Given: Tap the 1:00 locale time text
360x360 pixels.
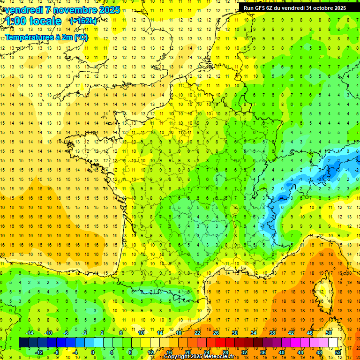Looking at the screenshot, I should [34, 21].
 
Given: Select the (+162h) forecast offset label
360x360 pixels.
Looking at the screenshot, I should [83, 21].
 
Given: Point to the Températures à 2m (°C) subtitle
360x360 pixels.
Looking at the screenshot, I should [46, 37].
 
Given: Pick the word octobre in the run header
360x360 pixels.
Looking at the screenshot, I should [318, 7].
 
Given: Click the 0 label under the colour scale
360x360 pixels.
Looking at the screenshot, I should [93, 352].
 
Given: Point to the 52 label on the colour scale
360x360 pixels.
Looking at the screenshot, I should [338, 352].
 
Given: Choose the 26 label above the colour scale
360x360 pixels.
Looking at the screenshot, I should [216, 333].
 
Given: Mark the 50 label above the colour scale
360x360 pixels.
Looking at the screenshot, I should [329, 333].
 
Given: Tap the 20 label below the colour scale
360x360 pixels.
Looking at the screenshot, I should [188, 352].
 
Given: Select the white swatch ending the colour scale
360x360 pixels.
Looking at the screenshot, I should [333, 343].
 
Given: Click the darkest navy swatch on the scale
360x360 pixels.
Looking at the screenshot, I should [23, 343].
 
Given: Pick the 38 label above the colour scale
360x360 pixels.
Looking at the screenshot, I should [272, 333].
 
